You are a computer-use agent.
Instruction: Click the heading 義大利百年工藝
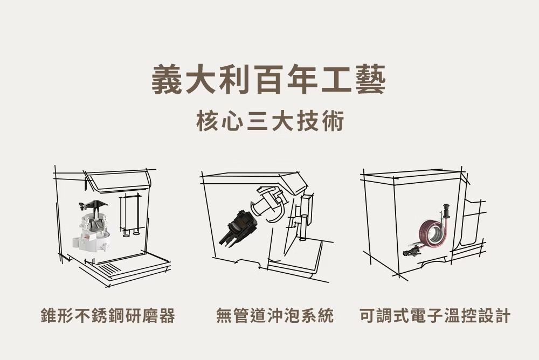(268, 80)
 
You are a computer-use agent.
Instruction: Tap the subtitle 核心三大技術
(270, 121)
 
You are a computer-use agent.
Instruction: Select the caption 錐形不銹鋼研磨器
(108, 316)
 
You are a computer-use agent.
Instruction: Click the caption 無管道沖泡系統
(275, 316)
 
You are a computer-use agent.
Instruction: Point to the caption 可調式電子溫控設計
(435, 316)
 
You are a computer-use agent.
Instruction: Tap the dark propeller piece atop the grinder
(93, 206)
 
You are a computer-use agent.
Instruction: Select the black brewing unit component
(237, 227)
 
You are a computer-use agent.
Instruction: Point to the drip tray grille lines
(110, 268)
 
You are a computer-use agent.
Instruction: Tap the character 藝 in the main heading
(370, 80)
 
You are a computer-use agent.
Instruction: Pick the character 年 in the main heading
(302, 80)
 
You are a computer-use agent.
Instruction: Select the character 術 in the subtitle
(333, 121)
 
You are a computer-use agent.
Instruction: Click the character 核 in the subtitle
(207, 121)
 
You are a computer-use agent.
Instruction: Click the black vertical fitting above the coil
(446, 211)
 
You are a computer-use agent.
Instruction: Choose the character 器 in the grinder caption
(167, 316)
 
